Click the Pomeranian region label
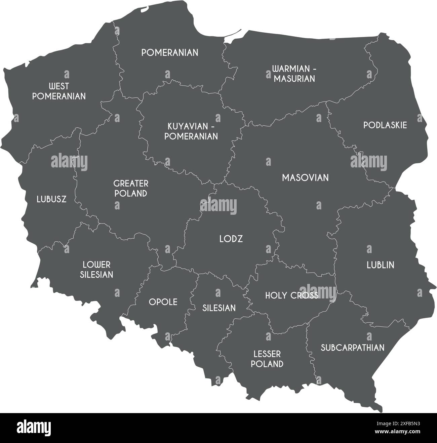(x=170, y=53)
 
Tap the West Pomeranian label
(x=59, y=91)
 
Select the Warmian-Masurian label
(x=294, y=74)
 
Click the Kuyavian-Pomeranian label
(x=193, y=131)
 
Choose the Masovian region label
(x=305, y=178)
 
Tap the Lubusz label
(x=51, y=199)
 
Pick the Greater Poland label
(x=131, y=189)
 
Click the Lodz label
(x=231, y=239)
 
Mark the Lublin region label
(x=380, y=265)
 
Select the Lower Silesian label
(x=97, y=270)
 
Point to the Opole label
(x=163, y=302)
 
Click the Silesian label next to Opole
(x=219, y=308)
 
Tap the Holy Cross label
(x=291, y=295)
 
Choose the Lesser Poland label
(x=267, y=359)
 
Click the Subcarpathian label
(x=352, y=348)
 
